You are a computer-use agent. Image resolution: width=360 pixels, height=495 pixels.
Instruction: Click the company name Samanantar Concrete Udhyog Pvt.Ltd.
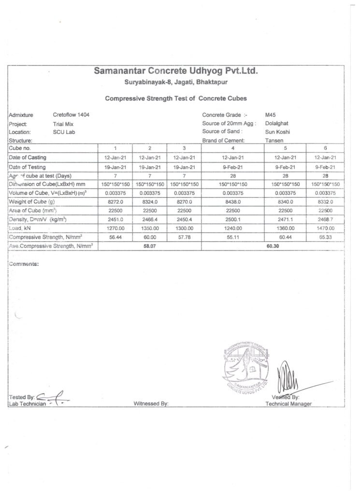pos(176,72)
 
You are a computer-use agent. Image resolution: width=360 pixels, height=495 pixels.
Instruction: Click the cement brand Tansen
pos(274,140)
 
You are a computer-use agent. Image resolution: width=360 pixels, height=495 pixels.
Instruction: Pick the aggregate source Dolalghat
pos(277,123)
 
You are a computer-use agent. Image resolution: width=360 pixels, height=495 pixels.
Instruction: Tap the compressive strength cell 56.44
pos(115,237)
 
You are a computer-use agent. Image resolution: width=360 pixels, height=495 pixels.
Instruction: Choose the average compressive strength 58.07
pos(150,246)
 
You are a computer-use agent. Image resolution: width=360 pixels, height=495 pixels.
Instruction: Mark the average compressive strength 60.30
pos(274,246)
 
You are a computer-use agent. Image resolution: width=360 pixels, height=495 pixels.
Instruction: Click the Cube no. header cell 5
pos(286,148)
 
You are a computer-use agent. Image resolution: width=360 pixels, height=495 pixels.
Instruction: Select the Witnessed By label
pos(150,404)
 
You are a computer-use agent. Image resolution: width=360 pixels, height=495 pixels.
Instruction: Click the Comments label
pos(24,264)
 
